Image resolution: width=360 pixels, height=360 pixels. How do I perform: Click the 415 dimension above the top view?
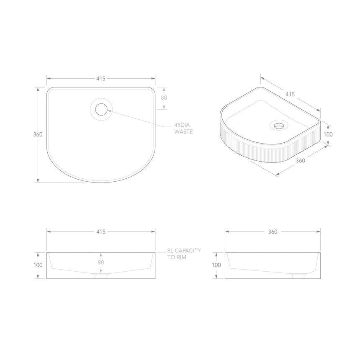[101, 79]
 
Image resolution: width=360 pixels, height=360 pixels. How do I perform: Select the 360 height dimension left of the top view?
[38, 134]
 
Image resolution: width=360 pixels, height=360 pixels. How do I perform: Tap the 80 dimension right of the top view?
[164, 98]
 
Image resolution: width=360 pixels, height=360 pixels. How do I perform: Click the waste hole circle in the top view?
[101, 109]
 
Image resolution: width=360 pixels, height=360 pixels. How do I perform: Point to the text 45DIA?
[182, 125]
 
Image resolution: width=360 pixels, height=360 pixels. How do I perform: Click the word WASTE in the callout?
[183, 132]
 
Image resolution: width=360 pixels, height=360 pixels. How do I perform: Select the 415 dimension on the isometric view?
[290, 94]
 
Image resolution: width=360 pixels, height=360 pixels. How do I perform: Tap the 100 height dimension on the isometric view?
[328, 134]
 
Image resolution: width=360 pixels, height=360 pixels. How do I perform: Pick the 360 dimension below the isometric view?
[300, 161]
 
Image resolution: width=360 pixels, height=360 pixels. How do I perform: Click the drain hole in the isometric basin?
[279, 126]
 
